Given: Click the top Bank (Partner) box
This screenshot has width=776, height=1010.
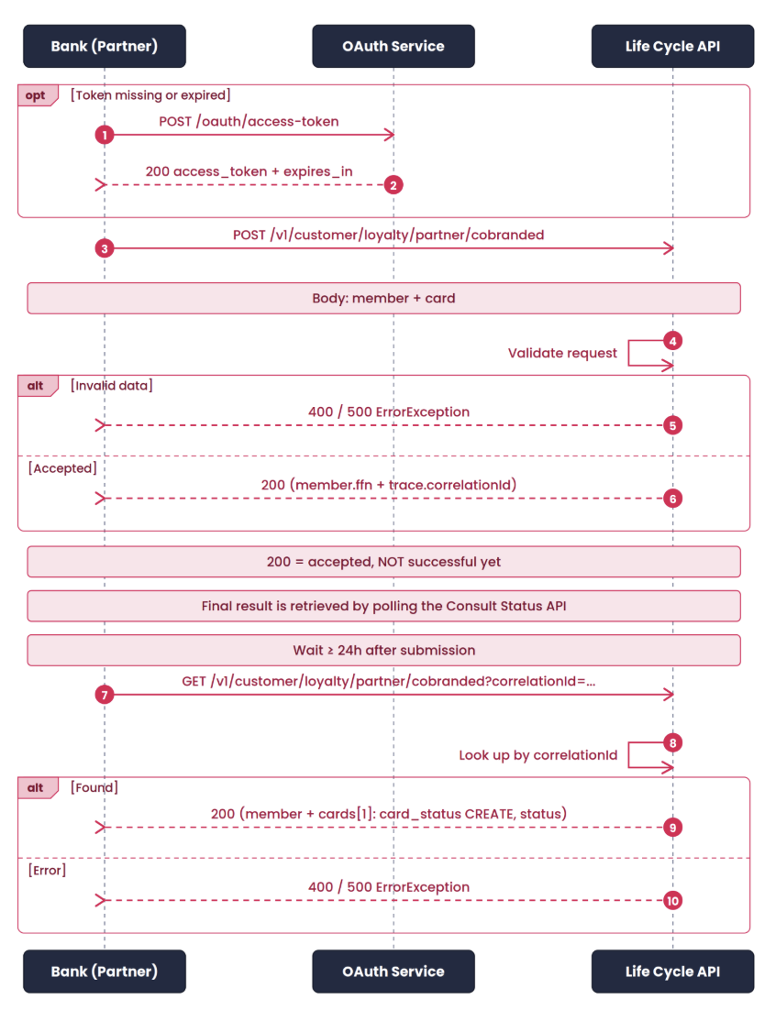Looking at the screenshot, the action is click(105, 47).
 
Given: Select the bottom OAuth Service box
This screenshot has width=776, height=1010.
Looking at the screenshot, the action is click(394, 972).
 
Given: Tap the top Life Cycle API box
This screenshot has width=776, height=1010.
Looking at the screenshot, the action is click(672, 47).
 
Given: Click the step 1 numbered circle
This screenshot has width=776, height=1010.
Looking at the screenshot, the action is click(105, 136).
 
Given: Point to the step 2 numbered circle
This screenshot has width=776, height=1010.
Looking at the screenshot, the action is click(394, 185).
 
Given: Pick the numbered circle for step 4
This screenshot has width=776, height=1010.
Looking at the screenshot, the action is click(672, 341).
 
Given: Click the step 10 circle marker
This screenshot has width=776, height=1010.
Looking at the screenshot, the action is click(672, 901).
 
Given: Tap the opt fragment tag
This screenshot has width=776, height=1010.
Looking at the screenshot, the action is click(38, 95).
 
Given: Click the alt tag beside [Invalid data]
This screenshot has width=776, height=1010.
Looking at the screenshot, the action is click(38, 386).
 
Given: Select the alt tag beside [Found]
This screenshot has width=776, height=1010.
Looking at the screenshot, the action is click(38, 788).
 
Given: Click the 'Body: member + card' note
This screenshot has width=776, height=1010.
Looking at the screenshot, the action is click(383, 298).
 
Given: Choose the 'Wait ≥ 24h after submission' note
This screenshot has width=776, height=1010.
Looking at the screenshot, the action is click(383, 651).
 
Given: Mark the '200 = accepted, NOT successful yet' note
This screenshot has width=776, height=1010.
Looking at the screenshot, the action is click(383, 562).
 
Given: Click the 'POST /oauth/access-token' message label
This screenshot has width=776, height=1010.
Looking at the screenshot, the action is click(249, 122).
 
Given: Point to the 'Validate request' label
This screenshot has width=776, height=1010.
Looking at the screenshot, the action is click(562, 353).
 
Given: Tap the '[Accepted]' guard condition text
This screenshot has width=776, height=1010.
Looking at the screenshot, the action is click(62, 468).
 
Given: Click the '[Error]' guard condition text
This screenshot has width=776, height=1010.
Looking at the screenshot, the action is click(47, 870).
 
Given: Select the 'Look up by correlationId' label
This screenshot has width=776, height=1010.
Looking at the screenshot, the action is click(538, 755).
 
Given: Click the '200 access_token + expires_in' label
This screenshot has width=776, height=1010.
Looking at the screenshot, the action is click(249, 172).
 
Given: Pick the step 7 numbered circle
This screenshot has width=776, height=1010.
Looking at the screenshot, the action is click(105, 695).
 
